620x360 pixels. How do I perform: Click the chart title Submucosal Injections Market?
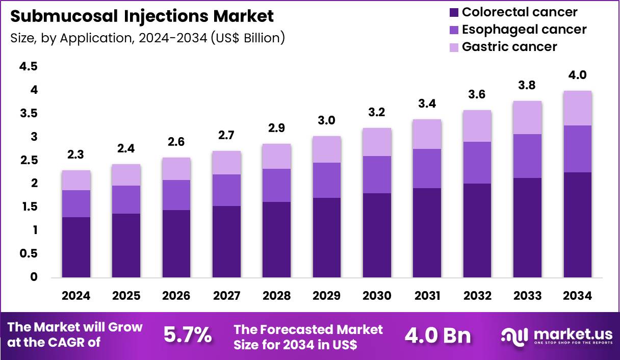pyautogui.click(x=142, y=16)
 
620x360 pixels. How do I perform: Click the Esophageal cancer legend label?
pyautogui.click(x=524, y=30)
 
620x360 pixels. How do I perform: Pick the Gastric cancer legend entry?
pyautogui.click(x=509, y=47)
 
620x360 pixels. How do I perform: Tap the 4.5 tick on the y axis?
pyautogui.click(x=28, y=66)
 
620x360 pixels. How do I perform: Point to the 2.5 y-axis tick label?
pyautogui.click(x=28, y=160)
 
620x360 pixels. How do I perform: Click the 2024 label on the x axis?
pyautogui.click(x=76, y=296)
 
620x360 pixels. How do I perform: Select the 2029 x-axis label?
pyautogui.click(x=327, y=296)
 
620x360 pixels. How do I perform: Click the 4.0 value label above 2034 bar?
pyautogui.click(x=577, y=75)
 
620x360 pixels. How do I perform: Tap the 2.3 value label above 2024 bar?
pyautogui.click(x=76, y=155)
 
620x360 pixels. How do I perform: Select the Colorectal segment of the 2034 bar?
pyautogui.click(x=577, y=224)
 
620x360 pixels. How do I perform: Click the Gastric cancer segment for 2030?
pyautogui.click(x=377, y=142)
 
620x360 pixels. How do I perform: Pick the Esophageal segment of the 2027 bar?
pyautogui.click(x=226, y=190)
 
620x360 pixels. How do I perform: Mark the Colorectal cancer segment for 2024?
pyautogui.click(x=76, y=247)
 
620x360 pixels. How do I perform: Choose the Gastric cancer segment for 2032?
pyautogui.click(x=477, y=126)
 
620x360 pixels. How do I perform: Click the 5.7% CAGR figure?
pyautogui.click(x=187, y=335)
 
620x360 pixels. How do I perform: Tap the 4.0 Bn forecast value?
pyautogui.click(x=437, y=335)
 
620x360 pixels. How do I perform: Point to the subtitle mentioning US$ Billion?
pyautogui.click(x=147, y=38)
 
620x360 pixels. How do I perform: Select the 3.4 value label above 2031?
pyautogui.click(x=427, y=104)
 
